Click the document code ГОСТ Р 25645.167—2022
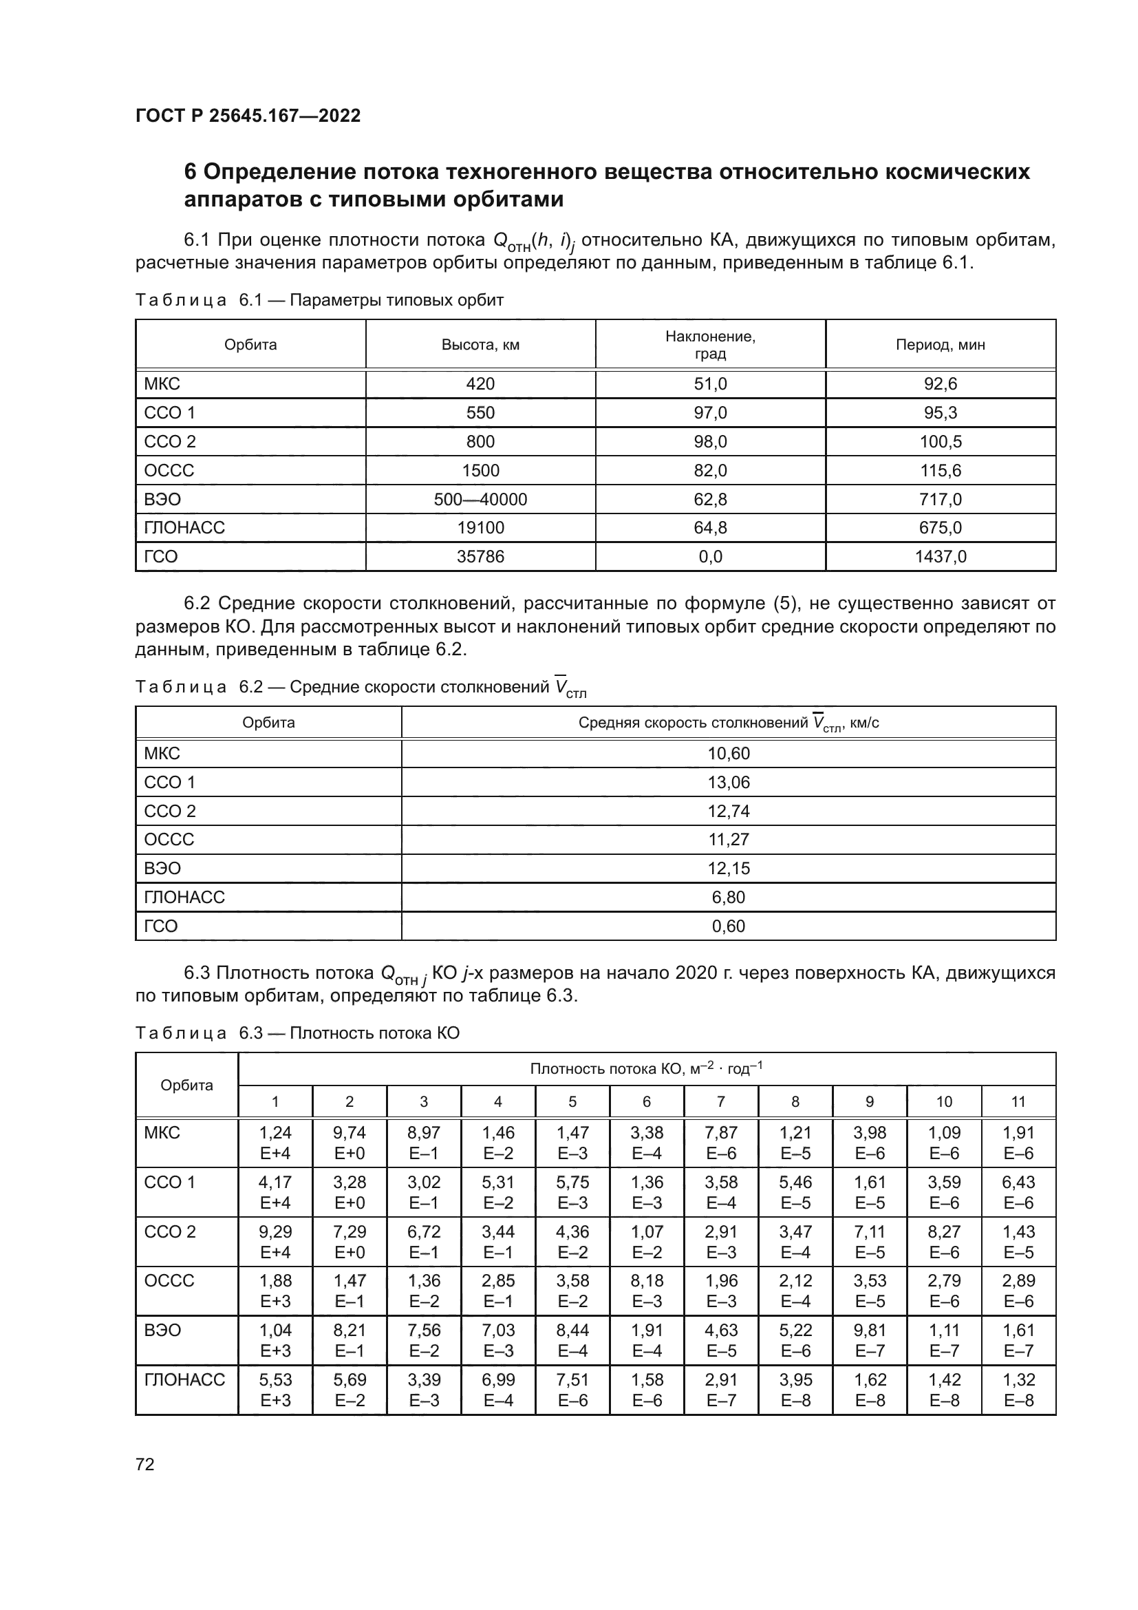tap(248, 116)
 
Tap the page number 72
tap(145, 1464)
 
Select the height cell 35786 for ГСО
tap(480, 557)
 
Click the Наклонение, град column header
tap(710, 344)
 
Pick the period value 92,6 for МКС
tap(940, 384)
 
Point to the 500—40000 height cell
tap(480, 499)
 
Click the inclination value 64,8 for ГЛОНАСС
tap(710, 527)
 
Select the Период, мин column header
tap(940, 344)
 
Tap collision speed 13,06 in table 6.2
tap(728, 782)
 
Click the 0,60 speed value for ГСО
tap(728, 926)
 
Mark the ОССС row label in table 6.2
tap(169, 839)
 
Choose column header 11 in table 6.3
tap(1018, 1101)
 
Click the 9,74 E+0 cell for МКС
tap(349, 1143)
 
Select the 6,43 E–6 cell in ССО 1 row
tap(1018, 1192)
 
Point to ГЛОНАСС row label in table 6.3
tap(184, 1379)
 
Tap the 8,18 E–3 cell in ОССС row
tap(646, 1290)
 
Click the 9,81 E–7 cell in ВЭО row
tap(870, 1340)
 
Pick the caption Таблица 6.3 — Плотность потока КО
tap(297, 1033)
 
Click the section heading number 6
tap(190, 173)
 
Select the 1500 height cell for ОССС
tap(480, 471)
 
